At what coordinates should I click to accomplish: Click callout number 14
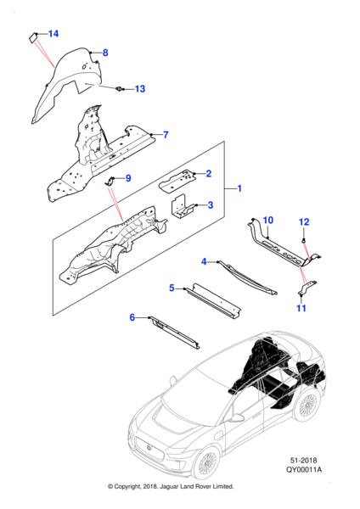(x=53, y=34)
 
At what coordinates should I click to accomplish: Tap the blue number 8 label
(x=105, y=53)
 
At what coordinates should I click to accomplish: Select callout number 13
(x=140, y=89)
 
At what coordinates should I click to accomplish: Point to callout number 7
(x=166, y=134)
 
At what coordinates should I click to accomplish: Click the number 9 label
(x=128, y=178)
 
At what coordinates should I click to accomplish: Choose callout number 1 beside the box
(x=239, y=188)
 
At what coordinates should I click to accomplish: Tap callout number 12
(x=304, y=222)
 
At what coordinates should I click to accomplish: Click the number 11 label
(x=301, y=308)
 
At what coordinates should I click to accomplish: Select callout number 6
(x=132, y=317)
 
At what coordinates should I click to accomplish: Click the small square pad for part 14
(x=32, y=37)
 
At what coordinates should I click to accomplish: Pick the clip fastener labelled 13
(x=120, y=88)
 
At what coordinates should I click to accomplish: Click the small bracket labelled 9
(x=109, y=182)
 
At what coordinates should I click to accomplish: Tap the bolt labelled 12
(x=303, y=241)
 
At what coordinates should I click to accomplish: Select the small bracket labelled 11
(x=307, y=288)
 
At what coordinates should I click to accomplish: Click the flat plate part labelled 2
(x=177, y=181)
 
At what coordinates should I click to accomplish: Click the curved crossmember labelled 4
(x=248, y=277)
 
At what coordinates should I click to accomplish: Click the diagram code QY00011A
(x=304, y=469)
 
